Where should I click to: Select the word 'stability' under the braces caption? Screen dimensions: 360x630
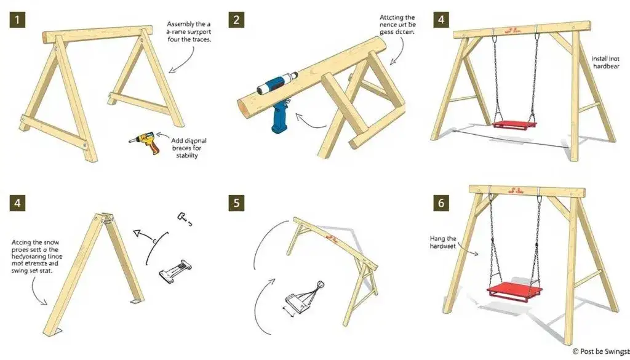pyautogui.click(x=186, y=156)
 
